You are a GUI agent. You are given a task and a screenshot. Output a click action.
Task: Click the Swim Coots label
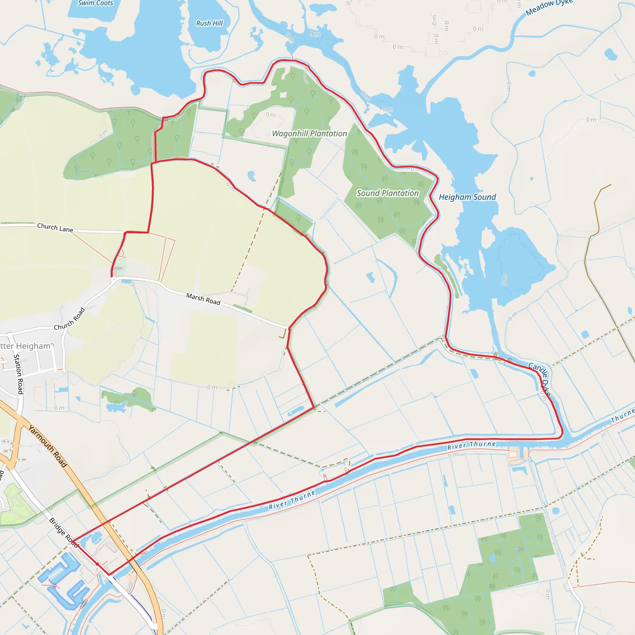pyautogui.click(x=95, y=3)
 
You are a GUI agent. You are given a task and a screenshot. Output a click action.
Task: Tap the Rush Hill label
pyautogui.click(x=209, y=23)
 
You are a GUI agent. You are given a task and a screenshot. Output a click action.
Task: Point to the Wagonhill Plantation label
pyautogui.click(x=309, y=133)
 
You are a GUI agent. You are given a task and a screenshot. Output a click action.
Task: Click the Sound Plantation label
pyautogui.click(x=388, y=193)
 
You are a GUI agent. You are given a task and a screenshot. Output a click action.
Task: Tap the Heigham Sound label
pyautogui.click(x=467, y=197)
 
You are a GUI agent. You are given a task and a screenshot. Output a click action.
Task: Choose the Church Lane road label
pyautogui.click(x=55, y=228)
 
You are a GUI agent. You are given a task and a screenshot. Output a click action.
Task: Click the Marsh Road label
pyautogui.click(x=203, y=299)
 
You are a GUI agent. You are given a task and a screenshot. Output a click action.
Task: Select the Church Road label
pyautogui.click(x=69, y=319)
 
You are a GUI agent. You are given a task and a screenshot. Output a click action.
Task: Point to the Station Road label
pyautogui.click(x=19, y=374)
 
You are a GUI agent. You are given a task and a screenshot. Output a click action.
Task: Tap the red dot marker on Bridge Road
pyautogui.click(x=97, y=564)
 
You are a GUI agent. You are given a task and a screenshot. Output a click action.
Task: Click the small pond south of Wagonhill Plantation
pyautogui.click(x=252, y=176)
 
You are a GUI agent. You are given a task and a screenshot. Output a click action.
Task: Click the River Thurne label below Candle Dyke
pyautogui.click(x=471, y=445)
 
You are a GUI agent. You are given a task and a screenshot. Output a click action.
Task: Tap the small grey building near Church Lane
pyautogui.click(x=118, y=269)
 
